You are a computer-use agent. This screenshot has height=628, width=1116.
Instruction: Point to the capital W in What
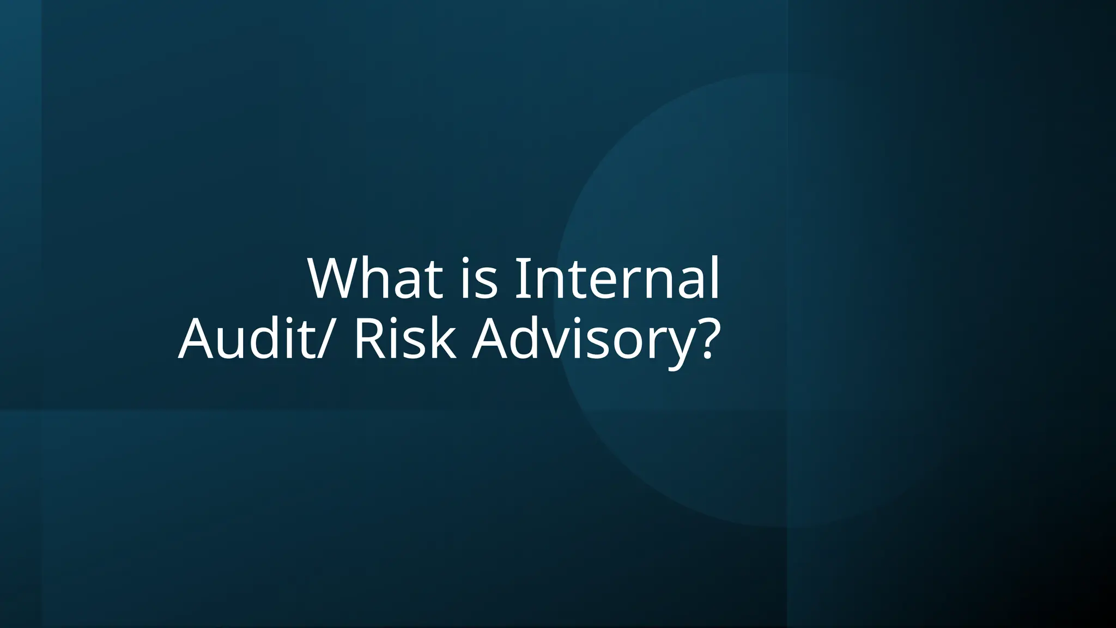click(336, 279)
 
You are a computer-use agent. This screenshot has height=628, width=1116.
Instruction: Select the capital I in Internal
click(521, 279)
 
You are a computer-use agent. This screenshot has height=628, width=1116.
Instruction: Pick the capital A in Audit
click(198, 339)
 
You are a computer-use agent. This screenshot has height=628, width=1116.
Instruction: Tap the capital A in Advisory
click(490, 339)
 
